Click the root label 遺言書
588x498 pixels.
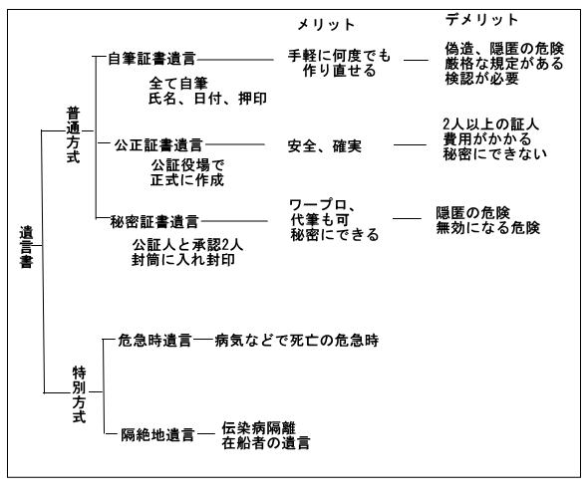click(26, 247)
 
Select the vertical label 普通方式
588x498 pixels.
click(73, 134)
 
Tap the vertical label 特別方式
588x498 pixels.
click(79, 394)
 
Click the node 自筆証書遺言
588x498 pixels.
click(151, 59)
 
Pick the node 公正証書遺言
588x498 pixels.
click(158, 145)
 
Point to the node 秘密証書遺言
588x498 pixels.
click(154, 222)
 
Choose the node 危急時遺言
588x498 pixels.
click(154, 341)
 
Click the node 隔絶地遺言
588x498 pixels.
click(157, 435)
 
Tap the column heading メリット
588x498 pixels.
click(326, 25)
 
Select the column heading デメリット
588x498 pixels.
click(482, 20)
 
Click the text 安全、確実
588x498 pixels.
click(325, 146)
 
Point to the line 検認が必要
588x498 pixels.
click(482, 79)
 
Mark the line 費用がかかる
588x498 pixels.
click(487, 139)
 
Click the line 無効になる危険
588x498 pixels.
click(488, 228)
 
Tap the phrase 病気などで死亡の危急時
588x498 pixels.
click(297, 341)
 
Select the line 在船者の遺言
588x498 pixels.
click(266, 443)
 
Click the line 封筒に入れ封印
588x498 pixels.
click(183, 260)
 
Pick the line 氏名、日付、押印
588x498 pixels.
click(207, 99)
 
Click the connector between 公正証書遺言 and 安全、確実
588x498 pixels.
click(235, 144)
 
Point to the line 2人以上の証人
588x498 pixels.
click(491, 124)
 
